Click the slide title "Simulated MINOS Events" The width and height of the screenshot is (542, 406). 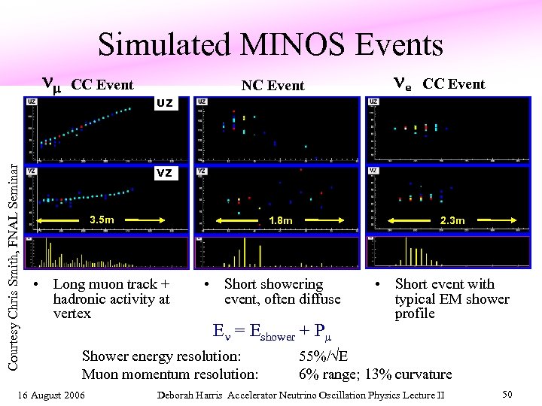tap(270, 45)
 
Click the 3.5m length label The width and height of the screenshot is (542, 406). tap(102, 220)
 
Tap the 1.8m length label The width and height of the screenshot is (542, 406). tap(280, 221)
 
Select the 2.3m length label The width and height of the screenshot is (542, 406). tap(452, 220)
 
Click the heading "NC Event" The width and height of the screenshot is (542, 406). tap(273, 86)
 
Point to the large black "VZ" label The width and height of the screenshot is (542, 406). tap(165, 173)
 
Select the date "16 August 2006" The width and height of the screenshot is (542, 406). tap(52, 395)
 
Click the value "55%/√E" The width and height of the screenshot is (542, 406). tap(324, 356)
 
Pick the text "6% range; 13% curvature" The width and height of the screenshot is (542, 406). tap(375, 374)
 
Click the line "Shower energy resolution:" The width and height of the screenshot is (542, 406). tap(161, 356)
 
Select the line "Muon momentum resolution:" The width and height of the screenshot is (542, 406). tap(170, 374)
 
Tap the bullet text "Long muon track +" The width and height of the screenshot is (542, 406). tap(111, 284)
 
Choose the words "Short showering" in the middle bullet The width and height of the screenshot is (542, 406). tap(273, 284)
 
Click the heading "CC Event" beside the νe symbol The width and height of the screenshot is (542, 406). tap(454, 83)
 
